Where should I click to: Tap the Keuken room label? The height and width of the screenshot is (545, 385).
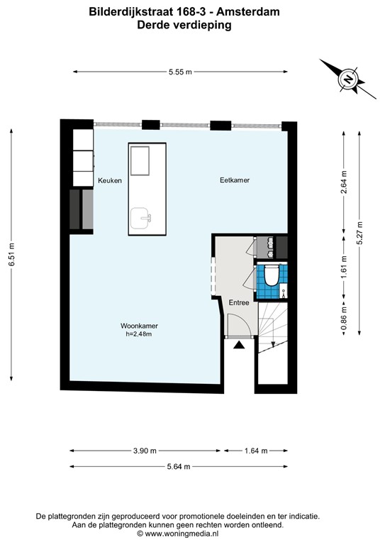point(110,180)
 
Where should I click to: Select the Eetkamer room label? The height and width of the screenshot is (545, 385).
point(234,180)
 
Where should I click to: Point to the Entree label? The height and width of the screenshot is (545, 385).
point(238,302)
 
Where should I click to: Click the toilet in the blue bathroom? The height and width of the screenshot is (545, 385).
point(269,275)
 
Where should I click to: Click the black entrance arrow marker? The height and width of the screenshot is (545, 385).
point(239,346)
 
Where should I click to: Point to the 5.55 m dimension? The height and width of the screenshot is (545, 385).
point(180,71)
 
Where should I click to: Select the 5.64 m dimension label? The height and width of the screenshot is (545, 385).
point(177,466)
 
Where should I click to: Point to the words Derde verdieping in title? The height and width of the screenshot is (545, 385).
point(184,24)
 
